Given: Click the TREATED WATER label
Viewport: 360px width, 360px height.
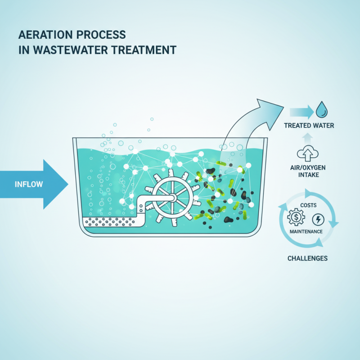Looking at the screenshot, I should click(309, 125).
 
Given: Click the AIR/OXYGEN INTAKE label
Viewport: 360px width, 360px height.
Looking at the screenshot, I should click(309, 171).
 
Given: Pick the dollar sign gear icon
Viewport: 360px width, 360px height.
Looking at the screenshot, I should click(297, 219).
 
